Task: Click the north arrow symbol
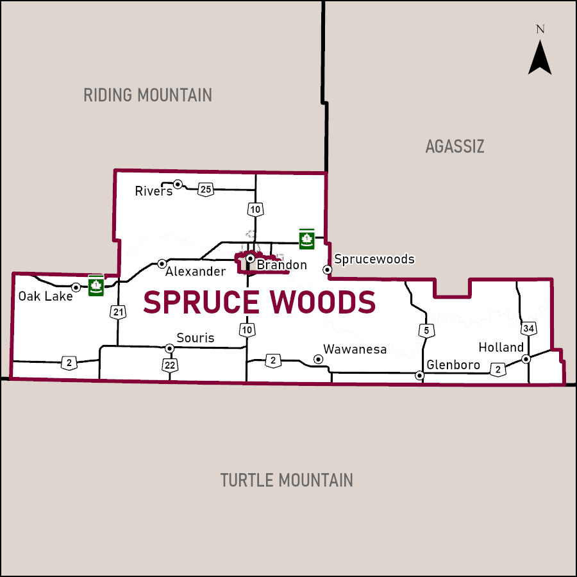[x=540, y=56]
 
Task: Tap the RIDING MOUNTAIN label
[x=147, y=96]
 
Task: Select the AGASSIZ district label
[x=455, y=147]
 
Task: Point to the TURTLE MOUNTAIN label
[x=287, y=480]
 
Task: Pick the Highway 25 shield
[x=205, y=189]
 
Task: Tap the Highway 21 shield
[x=117, y=312]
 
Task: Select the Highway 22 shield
[x=170, y=364]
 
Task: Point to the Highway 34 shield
[x=528, y=329]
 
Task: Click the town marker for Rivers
[x=178, y=185]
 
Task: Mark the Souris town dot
[x=170, y=348]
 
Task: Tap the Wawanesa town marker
[x=317, y=359]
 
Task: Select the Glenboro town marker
[x=420, y=376]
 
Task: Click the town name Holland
[x=501, y=347]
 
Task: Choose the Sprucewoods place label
[x=374, y=260]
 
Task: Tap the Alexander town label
[x=196, y=272]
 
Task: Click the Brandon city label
[x=281, y=265]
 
